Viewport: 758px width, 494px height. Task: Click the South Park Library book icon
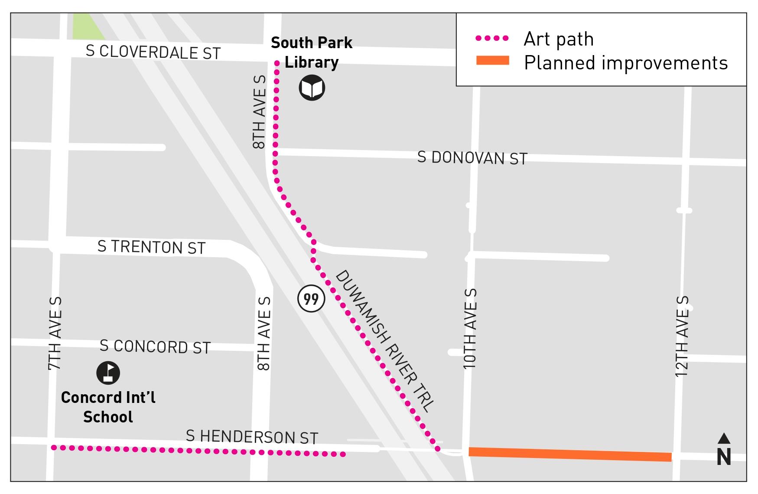(x=312, y=88)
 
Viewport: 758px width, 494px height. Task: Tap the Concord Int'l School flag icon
(x=108, y=373)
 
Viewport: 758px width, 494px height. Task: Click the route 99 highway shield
(x=311, y=298)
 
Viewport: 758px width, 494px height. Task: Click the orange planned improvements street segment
(x=570, y=454)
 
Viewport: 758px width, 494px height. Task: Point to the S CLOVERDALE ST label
(x=153, y=52)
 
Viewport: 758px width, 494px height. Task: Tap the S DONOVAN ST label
(x=472, y=158)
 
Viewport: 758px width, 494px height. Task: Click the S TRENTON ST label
(x=151, y=247)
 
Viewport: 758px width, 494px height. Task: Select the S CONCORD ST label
(x=155, y=347)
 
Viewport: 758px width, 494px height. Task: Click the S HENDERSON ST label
(x=252, y=437)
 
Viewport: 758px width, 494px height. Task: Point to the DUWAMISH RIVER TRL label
(x=384, y=341)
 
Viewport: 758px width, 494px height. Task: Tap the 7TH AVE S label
(x=55, y=333)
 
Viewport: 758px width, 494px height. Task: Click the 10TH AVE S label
(x=470, y=329)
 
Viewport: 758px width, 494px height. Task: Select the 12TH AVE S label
(x=682, y=336)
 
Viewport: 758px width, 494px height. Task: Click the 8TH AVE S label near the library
(x=259, y=112)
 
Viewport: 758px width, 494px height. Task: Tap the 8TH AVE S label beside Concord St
(x=264, y=333)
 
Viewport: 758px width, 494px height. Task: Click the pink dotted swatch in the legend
(x=492, y=38)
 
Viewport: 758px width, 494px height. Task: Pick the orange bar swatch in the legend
(x=492, y=61)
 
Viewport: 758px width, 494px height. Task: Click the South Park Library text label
(x=311, y=52)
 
